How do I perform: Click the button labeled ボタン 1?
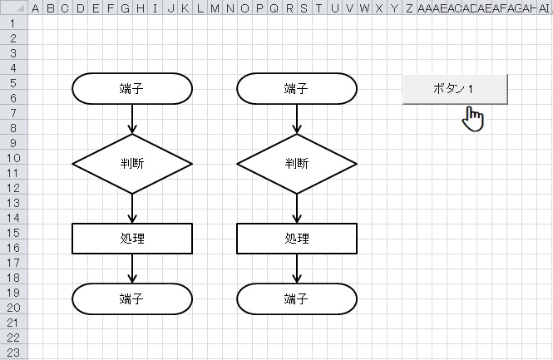tap(454, 89)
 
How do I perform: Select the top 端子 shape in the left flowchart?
tap(132, 89)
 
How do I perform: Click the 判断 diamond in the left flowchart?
tap(132, 164)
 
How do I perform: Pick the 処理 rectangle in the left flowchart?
tap(132, 239)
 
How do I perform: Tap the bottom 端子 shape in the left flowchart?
tap(132, 298)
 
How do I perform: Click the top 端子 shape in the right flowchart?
tap(297, 89)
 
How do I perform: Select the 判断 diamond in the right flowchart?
tap(297, 164)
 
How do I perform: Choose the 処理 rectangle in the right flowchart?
tap(297, 239)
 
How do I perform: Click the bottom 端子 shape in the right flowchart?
tap(297, 298)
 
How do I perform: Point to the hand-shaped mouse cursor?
tap(474, 119)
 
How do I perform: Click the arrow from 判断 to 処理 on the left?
tap(132, 208)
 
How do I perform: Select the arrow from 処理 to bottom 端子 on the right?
tap(297, 269)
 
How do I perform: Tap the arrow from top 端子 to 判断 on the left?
tap(132, 119)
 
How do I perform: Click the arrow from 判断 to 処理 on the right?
tap(297, 208)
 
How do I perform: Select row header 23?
tap(14, 352)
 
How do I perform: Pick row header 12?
tap(14, 187)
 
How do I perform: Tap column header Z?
tap(409, 7)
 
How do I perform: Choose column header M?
tap(215, 7)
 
